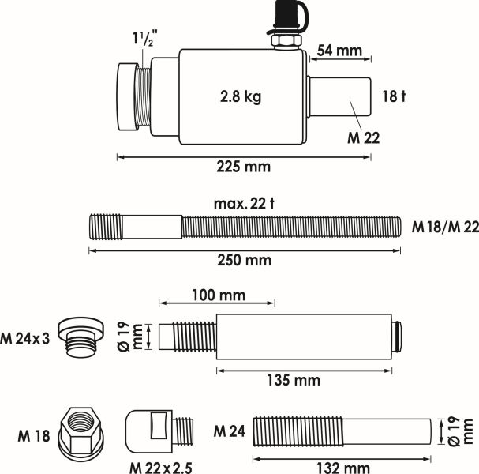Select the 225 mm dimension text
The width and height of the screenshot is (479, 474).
pyautogui.click(x=243, y=167)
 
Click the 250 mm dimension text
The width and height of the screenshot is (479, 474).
pyautogui.click(x=244, y=260)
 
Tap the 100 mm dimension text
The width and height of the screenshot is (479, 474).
pyautogui.click(x=217, y=295)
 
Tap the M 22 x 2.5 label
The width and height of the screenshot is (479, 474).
pyautogui.click(x=161, y=466)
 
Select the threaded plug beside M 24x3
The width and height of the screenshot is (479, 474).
pyautogui.click(x=84, y=337)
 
